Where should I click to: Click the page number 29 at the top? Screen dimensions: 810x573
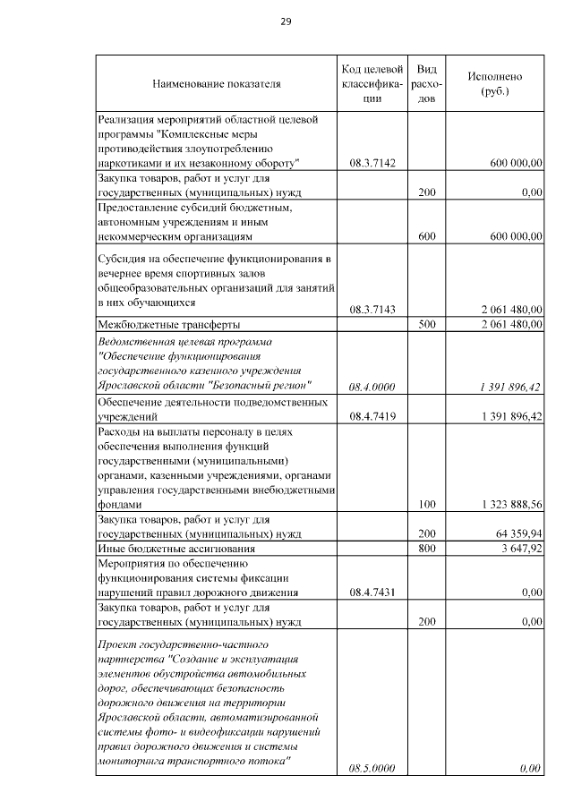coord(286,21)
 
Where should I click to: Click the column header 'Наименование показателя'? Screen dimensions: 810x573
coord(217,84)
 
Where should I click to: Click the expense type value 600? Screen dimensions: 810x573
coord(427,236)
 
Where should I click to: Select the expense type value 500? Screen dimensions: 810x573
coord(427,324)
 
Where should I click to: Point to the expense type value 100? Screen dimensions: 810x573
coord(427,505)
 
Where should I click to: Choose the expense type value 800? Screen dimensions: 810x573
coord(427,548)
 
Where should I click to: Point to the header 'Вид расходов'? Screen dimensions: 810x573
coord(427,84)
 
